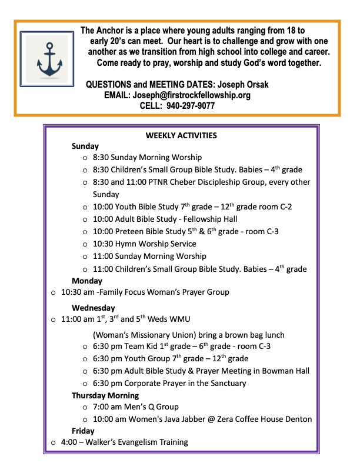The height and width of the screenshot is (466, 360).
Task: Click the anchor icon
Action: pos(45,59)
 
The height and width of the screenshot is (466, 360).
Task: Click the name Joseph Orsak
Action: pos(243,85)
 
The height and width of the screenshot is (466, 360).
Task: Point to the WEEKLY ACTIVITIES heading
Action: pos(181,135)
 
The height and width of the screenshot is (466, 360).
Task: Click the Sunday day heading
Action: pos(85,146)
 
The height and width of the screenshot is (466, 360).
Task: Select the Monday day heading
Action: pos(86,281)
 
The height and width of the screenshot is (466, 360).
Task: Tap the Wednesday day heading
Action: pos(93,307)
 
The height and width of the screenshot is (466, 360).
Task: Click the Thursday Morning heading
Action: pos(105,395)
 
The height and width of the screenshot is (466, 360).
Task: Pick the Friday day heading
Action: pos(83,431)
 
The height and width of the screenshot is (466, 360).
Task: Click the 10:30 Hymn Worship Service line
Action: pos(144,244)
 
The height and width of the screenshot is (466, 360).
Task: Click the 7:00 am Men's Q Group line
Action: pos(135,407)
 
